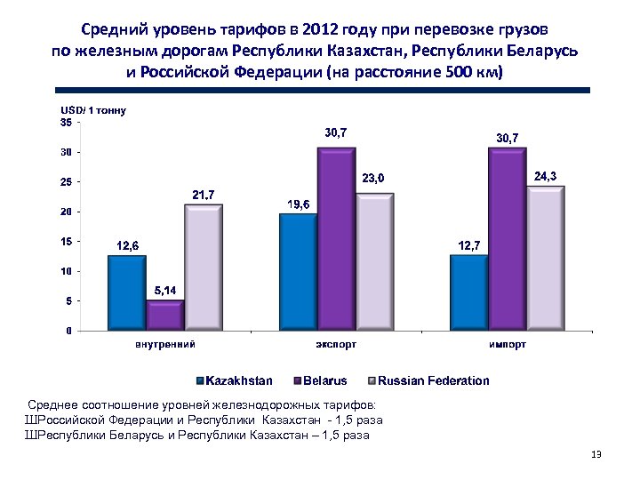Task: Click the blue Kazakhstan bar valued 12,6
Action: point(126,292)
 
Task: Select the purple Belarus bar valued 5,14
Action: point(164,316)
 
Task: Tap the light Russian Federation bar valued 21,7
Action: point(203,267)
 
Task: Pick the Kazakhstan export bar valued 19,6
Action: point(298,272)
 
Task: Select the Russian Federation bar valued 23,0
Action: point(374,261)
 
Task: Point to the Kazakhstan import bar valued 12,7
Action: point(468,292)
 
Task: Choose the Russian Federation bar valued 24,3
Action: point(545,258)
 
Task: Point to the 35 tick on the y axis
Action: point(67,123)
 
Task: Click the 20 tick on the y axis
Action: point(67,212)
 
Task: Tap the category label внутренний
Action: point(165,343)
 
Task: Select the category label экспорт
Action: point(337,343)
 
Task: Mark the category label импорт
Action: point(508,343)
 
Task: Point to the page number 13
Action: point(596,455)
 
